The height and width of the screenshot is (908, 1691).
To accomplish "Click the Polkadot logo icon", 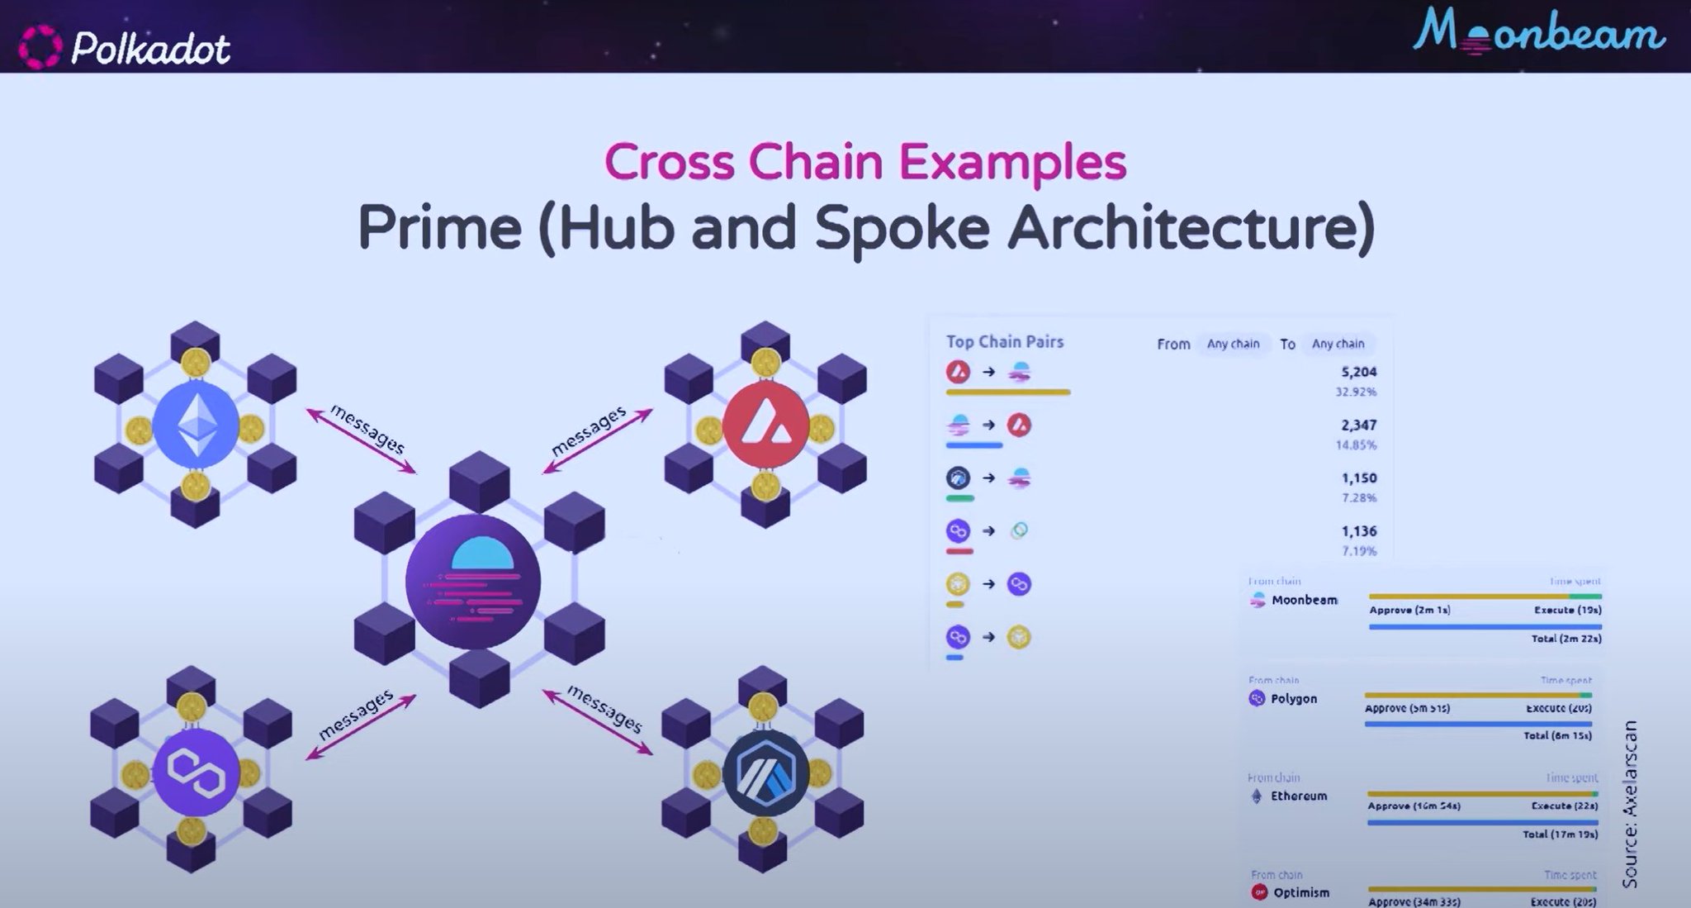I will tap(40, 47).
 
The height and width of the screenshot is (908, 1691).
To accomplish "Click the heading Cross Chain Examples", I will tap(865, 162).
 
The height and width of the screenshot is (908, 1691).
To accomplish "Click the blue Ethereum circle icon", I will tap(196, 424).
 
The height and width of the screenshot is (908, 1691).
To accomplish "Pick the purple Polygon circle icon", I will tap(196, 772).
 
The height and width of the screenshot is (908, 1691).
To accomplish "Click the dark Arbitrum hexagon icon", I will tap(765, 773).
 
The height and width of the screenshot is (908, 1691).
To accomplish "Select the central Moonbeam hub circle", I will tap(473, 582).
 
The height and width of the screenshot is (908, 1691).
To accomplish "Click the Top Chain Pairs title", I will tap(1004, 341).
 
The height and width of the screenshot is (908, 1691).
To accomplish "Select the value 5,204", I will tap(1358, 372).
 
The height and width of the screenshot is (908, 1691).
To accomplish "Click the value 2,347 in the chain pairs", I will tap(1358, 425).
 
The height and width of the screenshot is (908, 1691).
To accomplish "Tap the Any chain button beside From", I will tap(1233, 344).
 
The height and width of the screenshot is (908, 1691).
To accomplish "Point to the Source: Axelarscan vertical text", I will tap(1630, 803).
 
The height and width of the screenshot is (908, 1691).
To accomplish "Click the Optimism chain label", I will tap(1300, 892).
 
